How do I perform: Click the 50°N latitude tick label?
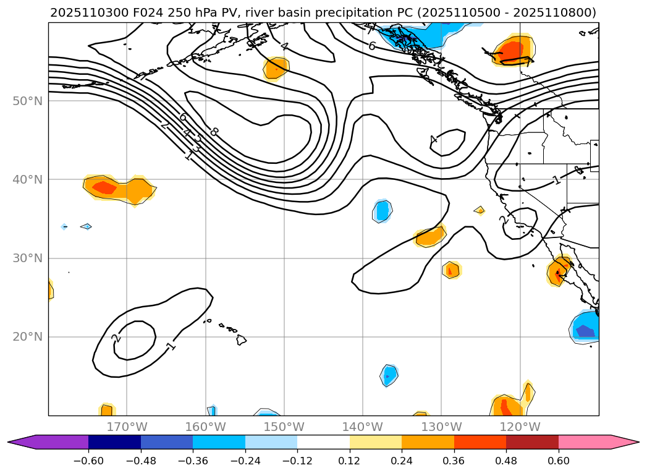coord(27,101)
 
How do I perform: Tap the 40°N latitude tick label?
coord(27,179)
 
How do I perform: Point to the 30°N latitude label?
coord(27,258)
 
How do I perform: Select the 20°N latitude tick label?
coord(27,337)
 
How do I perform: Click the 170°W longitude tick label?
coord(127,427)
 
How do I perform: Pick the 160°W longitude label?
coord(205,427)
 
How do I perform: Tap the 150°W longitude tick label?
coord(284,427)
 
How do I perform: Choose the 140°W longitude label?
coord(363,427)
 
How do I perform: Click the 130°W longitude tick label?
coord(441,427)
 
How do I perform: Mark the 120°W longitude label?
coord(520,427)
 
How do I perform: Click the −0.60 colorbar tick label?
coord(88,461)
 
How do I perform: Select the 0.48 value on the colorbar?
coord(506,461)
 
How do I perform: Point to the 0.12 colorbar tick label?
coord(350,461)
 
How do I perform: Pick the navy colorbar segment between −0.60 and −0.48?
coord(114,442)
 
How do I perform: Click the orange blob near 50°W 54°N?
coord(276,67)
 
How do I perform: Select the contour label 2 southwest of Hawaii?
coord(116,338)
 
